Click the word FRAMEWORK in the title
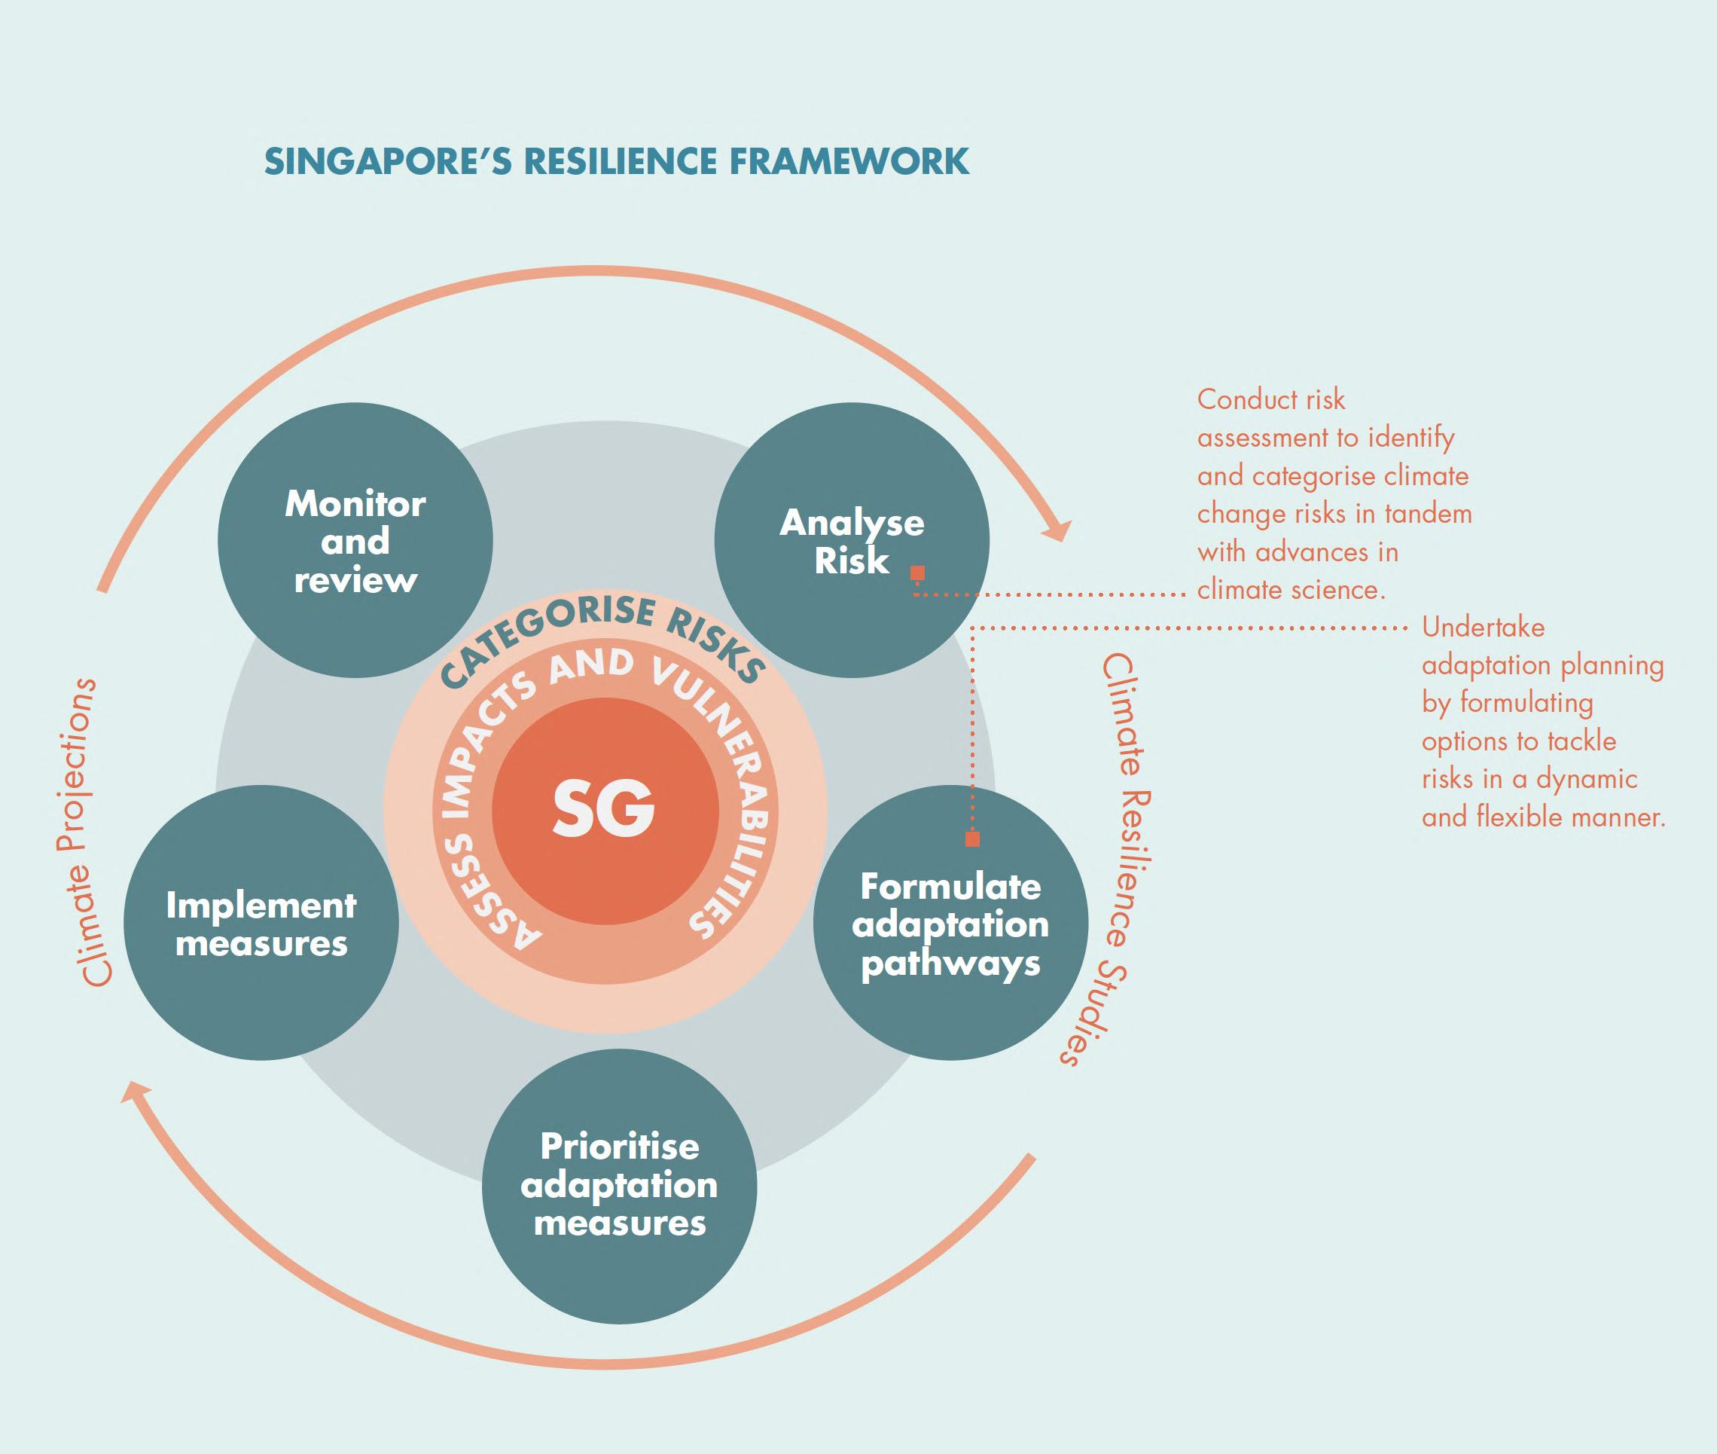coord(850,161)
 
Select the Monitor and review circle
coord(355,541)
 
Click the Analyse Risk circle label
coord(852,542)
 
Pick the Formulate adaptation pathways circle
coord(951,922)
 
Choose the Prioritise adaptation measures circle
coord(620,1186)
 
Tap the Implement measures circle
coord(261,922)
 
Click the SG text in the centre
coord(604,808)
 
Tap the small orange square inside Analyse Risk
coord(917,573)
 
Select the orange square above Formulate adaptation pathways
coord(972,839)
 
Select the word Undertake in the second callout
coord(1483,628)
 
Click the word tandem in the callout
coord(1427,514)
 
